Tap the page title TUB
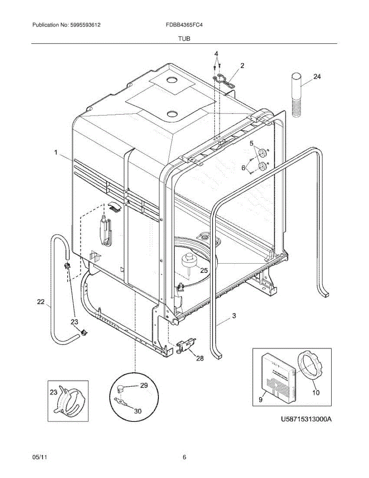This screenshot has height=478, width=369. coord(184,39)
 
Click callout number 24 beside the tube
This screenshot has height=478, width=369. coord(316,77)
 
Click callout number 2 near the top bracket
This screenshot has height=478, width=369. coord(242,65)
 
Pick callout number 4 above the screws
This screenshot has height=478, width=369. coord(216,54)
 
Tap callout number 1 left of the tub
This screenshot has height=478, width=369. coord(56,152)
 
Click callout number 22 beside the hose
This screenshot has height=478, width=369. coord(41,302)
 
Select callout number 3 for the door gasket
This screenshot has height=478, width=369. coord(234,316)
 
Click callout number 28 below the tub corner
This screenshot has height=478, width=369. coord(200,358)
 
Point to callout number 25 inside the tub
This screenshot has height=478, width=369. coord(204,270)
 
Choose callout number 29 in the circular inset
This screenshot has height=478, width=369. coord(144,385)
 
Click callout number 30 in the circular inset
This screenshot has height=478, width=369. coord(137,411)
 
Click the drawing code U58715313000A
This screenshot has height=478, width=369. coord(306,420)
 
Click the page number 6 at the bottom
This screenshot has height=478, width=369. coord(184,457)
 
